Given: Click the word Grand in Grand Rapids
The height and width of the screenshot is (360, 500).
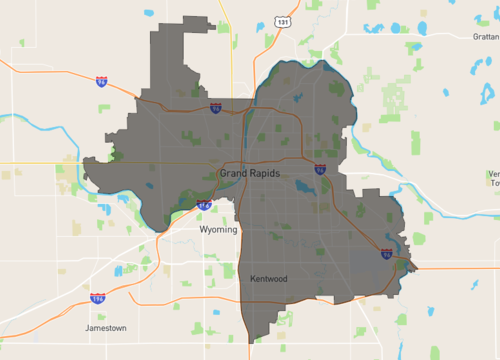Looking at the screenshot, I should pos(233,174).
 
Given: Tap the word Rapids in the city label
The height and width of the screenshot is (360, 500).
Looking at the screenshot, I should pos(265,174).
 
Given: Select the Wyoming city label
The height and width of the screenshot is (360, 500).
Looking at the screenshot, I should pos(218,229).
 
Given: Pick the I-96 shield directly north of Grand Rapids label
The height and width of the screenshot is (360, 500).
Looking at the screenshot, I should pos(216,107).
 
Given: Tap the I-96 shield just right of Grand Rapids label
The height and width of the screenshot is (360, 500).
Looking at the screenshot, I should pos(320,170).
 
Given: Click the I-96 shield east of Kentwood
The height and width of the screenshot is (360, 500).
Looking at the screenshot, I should pos(386,254).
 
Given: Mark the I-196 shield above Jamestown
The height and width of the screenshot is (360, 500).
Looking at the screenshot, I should pos(97,298).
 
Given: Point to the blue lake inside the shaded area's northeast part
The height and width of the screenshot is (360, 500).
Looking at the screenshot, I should pos(301,98).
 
